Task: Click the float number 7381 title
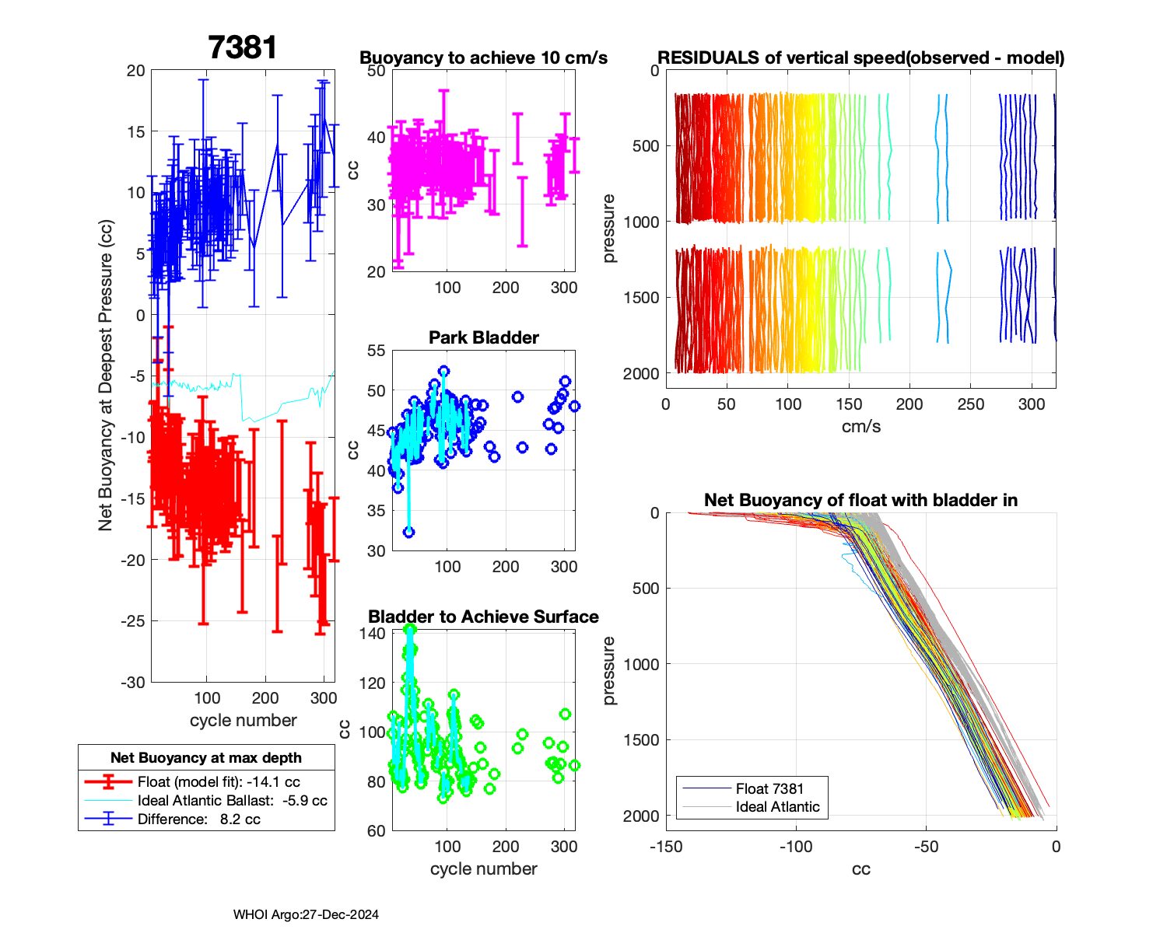point(243,47)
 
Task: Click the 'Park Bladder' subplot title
point(484,337)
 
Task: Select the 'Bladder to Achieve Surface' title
point(483,617)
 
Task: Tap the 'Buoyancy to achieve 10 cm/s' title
point(483,58)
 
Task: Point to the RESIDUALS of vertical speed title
point(860,58)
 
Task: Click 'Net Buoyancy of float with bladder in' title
point(860,500)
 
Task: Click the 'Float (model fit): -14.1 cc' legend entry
point(218,781)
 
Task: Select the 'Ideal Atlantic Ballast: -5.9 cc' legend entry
point(232,800)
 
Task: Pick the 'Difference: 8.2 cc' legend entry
point(198,819)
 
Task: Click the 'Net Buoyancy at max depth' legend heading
point(206,757)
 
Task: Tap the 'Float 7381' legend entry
point(769,788)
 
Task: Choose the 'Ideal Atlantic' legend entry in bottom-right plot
point(777,807)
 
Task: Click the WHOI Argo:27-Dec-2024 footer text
point(306,914)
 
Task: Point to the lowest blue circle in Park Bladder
point(408,533)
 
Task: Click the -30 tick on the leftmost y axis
point(132,682)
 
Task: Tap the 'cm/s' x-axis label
point(860,426)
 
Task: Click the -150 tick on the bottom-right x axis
point(666,847)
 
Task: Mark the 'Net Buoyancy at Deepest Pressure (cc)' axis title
point(106,376)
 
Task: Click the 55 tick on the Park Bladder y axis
point(376,351)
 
